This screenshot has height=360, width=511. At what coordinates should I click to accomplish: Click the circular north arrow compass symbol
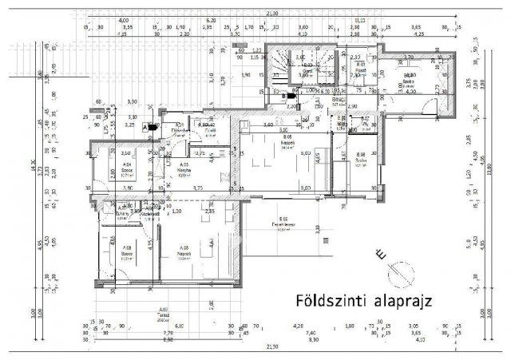401,276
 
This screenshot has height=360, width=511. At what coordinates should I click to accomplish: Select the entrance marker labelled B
283,96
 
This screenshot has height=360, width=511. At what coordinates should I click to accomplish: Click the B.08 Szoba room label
360,156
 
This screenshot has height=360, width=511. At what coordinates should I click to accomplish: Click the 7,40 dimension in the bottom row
309,333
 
